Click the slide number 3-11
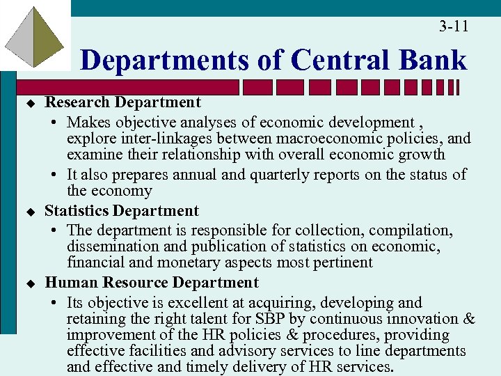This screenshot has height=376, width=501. point(454,26)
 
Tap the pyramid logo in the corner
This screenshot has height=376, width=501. point(35,35)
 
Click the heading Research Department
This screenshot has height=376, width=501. point(122,102)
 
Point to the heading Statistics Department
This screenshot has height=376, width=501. point(122,211)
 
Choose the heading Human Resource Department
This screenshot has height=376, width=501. point(151,283)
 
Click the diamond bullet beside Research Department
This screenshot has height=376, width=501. point(31,103)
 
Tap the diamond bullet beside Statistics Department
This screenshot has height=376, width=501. point(31,212)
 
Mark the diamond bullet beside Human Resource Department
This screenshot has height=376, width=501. point(31,284)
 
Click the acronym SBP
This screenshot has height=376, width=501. point(290,320)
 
